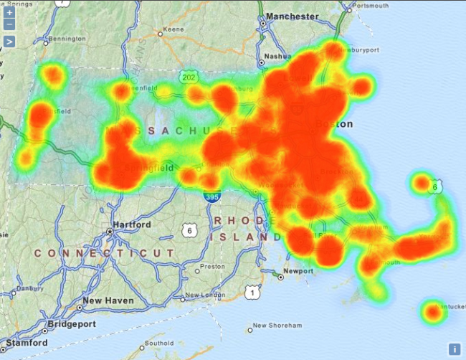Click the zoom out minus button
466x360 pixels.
(9, 24)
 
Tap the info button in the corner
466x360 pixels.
(455, 349)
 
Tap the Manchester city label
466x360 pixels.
(292, 16)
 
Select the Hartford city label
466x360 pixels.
(130, 224)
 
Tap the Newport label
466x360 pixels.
(298, 271)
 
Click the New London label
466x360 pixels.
(206, 295)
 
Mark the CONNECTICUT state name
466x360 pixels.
(104, 253)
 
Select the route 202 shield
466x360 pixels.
(189, 77)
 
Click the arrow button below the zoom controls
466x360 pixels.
(9, 41)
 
